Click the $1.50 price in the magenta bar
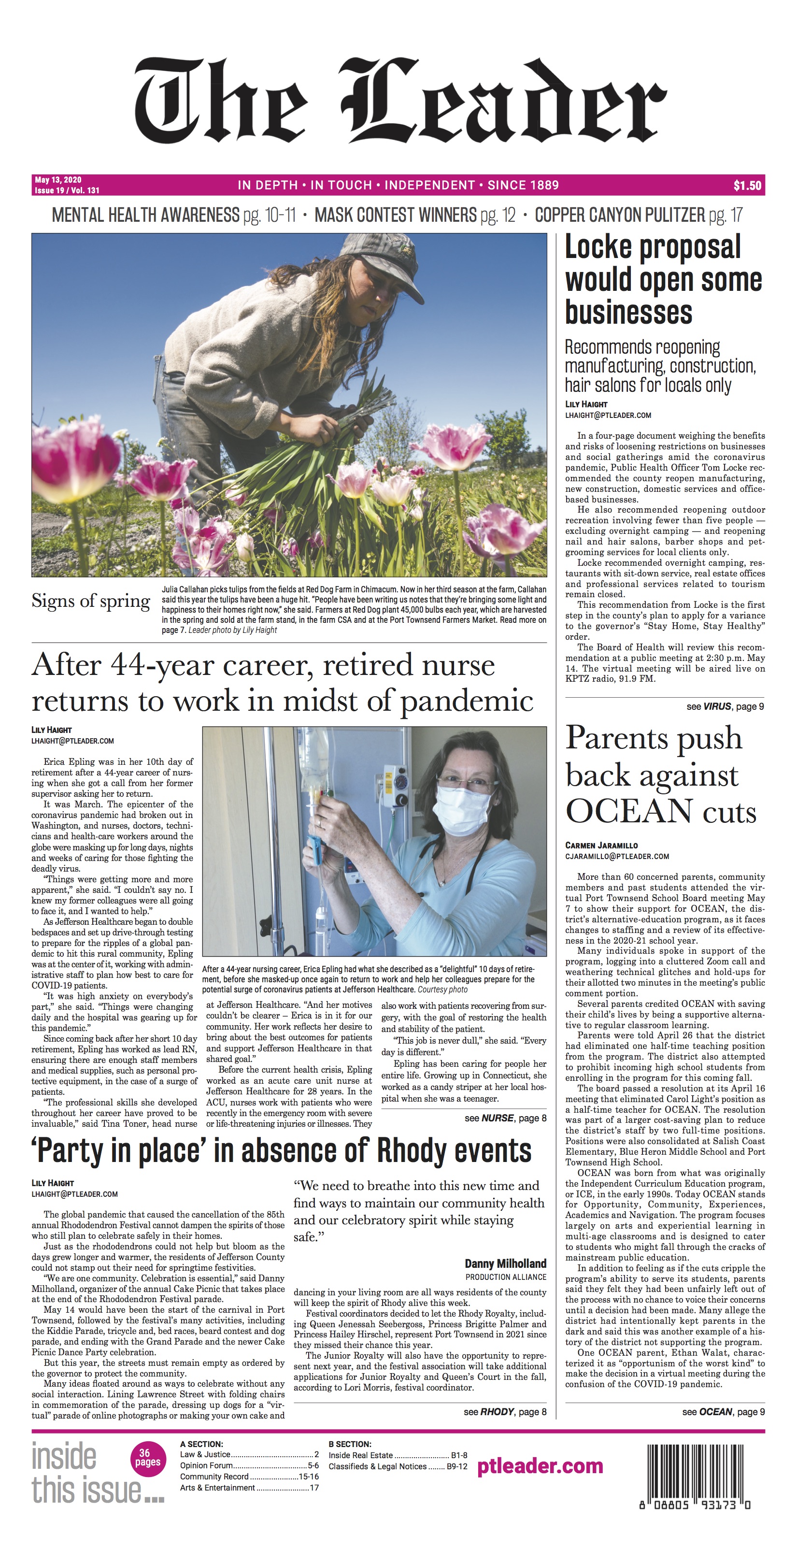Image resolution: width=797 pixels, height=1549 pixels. click(747, 186)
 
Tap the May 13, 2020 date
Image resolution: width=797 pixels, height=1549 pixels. click(58, 180)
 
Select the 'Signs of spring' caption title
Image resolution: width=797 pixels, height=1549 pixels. click(91, 602)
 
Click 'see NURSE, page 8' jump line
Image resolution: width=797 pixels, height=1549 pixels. click(505, 1118)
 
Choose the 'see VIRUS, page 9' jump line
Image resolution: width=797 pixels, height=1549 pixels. click(725, 706)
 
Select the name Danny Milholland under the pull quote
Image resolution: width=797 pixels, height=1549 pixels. click(505, 1263)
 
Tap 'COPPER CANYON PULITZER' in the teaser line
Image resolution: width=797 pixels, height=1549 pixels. click(619, 215)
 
